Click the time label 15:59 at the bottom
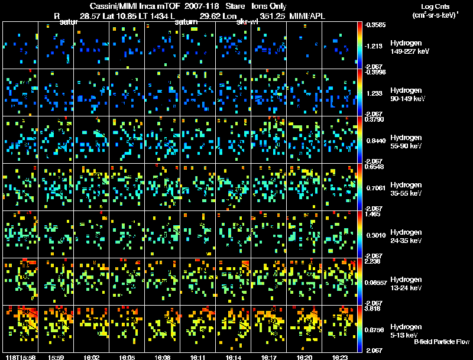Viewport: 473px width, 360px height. click(57, 357)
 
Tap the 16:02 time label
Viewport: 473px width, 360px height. click(92, 357)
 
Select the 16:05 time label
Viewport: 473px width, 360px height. click(128, 357)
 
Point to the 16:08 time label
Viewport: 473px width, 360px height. click(163, 357)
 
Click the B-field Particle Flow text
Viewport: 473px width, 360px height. click(442, 342)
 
